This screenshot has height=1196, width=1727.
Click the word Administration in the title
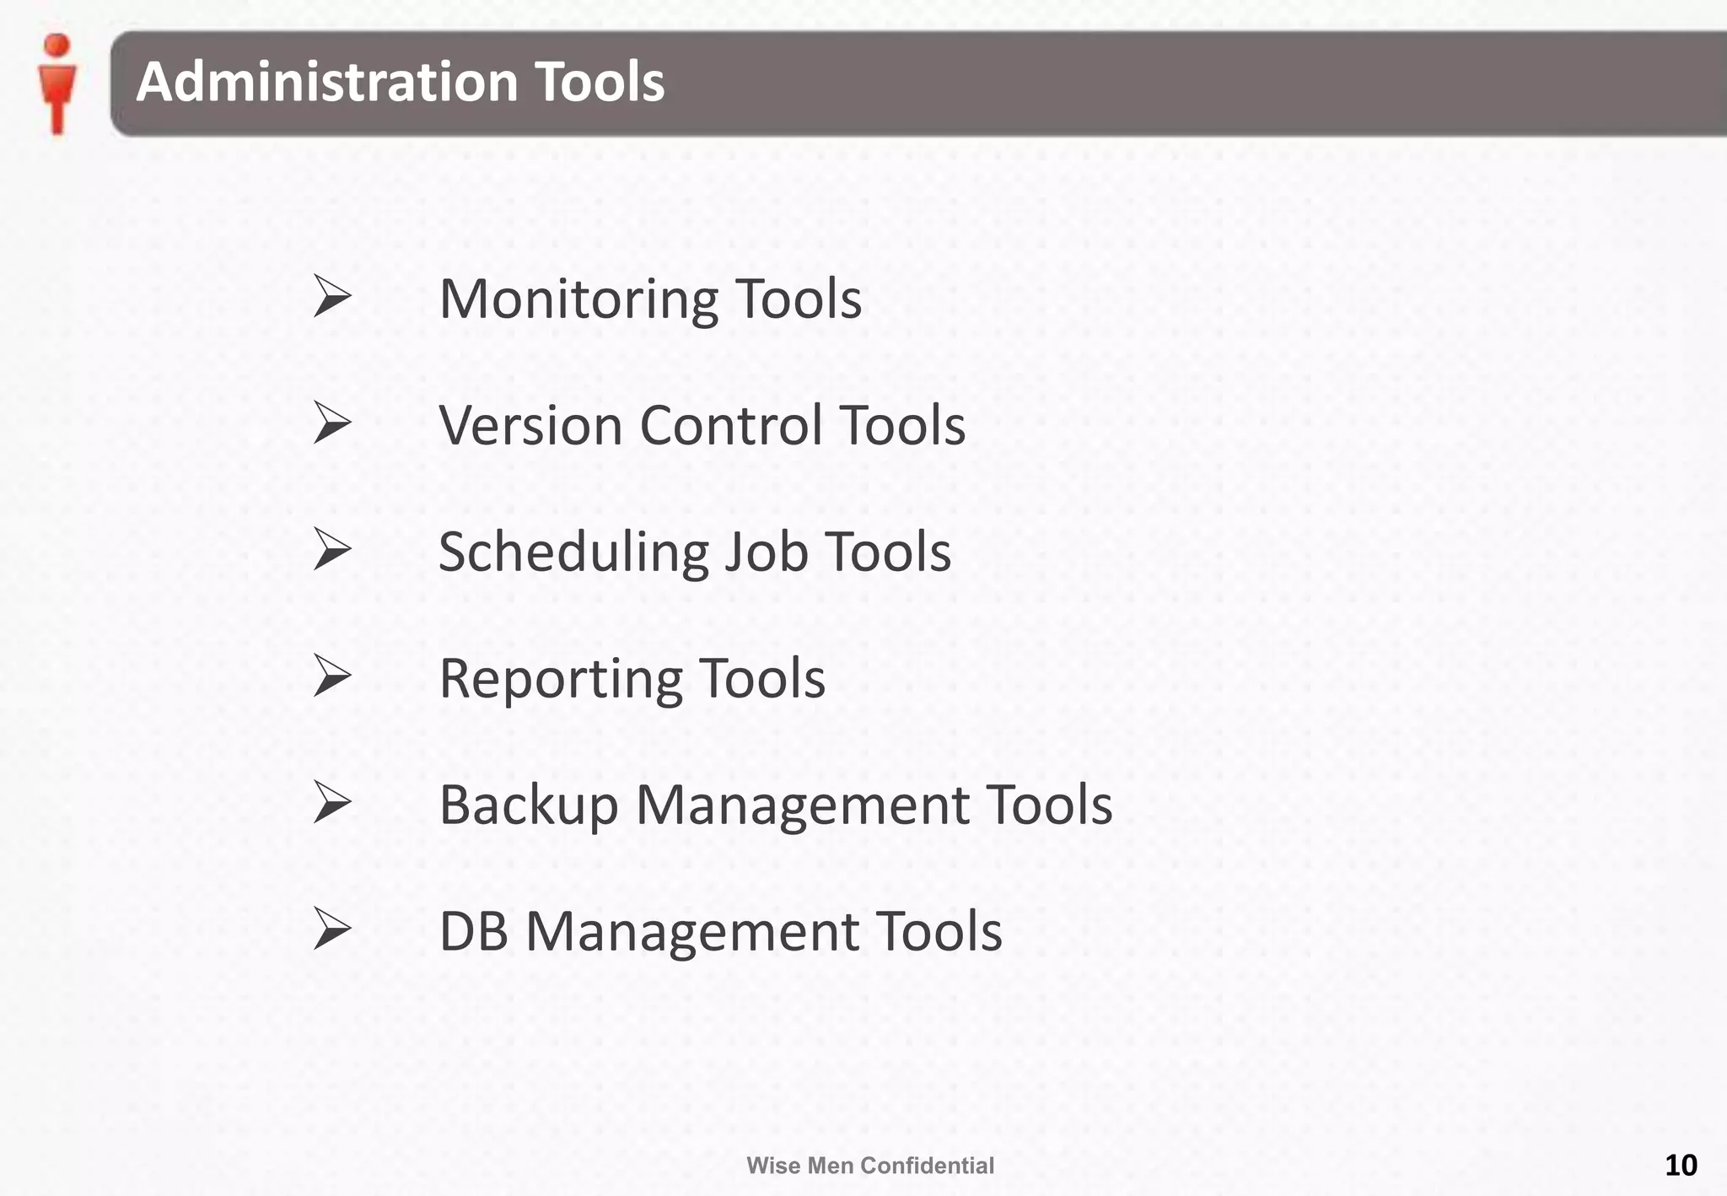point(326,82)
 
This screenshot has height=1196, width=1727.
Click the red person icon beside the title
point(57,84)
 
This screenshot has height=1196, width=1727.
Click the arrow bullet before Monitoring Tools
point(331,296)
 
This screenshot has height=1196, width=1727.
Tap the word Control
point(730,425)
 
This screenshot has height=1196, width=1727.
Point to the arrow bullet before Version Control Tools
point(331,423)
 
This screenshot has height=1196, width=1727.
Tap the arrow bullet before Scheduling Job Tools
point(331,549)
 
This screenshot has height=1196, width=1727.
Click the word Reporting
point(560,679)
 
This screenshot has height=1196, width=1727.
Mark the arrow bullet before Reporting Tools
point(331,676)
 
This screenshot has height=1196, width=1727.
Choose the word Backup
point(529,805)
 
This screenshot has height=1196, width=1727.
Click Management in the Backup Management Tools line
point(801,805)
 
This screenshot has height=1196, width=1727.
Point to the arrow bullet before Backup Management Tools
point(331,802)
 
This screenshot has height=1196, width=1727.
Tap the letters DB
point(474,932)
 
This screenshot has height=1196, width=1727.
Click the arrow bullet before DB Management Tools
point(331,929)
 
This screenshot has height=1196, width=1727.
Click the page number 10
point(1681,1165)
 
